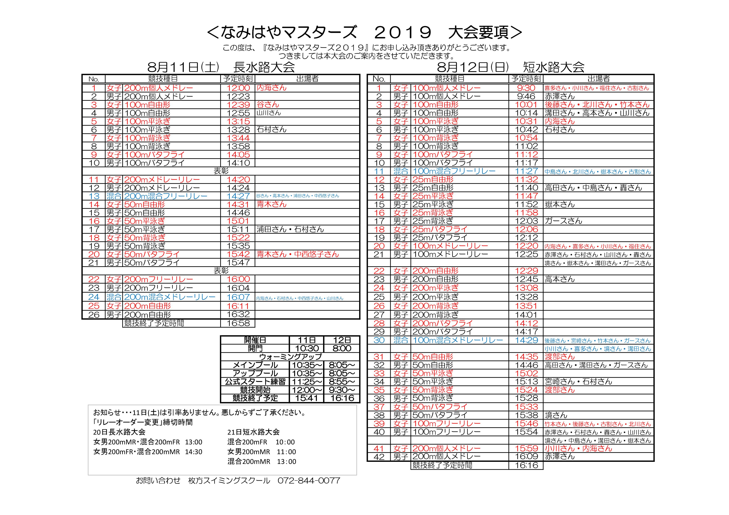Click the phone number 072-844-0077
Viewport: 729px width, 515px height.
click(309, 481)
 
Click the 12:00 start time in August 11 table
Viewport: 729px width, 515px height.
click(238, 88)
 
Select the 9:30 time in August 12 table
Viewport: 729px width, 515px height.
click(526, 88)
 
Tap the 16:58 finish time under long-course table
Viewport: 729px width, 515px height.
click(238, 323)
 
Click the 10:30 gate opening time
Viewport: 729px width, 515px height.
click(307, 348)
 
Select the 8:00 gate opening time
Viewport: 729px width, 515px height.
click(342, 348)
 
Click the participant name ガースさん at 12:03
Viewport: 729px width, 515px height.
click(564, 221)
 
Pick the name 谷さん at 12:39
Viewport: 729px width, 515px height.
click(268, 104)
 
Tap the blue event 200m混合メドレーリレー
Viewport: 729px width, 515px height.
click(170, 297)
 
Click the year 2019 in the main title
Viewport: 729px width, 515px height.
click(403, 32)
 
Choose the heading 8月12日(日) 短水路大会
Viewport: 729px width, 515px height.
click(511, 67)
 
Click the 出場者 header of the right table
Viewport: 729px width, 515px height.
click(598, 79)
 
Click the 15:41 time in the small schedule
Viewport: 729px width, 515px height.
click(307, 398)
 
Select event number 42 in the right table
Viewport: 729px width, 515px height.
click(379, 457)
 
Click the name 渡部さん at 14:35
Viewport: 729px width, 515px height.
click(560, 357)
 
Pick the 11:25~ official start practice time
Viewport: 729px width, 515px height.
click(307, 381)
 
